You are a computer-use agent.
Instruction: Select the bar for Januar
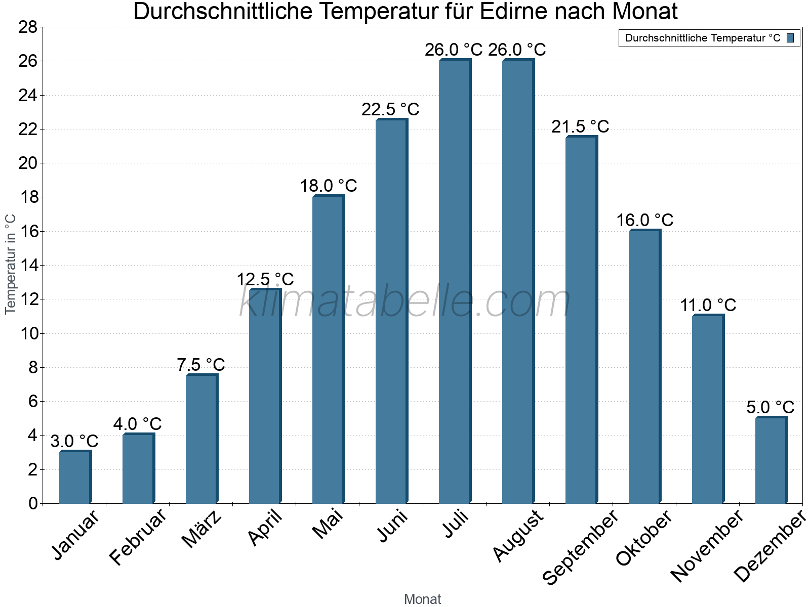click(75, 477)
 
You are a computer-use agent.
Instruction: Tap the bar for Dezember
click(771, 460)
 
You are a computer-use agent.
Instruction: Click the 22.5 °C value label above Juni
click(390, 109)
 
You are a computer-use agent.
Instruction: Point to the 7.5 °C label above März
click(201, 364)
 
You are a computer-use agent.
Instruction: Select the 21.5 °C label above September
click(580, 126)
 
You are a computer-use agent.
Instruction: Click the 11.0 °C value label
click(708, 305)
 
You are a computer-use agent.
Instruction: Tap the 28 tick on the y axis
click(28, 27)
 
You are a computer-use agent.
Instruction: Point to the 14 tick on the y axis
click(28, 265)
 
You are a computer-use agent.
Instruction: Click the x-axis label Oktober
click(644, 538)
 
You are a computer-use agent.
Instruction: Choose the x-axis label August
click(518, 536)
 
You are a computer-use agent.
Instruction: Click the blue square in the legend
click(790, 38)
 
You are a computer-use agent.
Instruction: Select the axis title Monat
click(422, 599)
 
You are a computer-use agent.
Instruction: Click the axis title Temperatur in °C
click(11, 264)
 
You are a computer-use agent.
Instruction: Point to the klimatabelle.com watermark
click(405, 301)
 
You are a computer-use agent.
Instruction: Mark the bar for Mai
click(328, 349)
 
